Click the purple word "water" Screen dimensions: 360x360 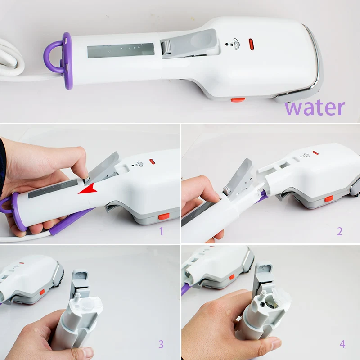[315, 108]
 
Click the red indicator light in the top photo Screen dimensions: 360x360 [251, 45]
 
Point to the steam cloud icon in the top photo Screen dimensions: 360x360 [236, 44]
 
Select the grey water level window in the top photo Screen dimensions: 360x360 [121, 50]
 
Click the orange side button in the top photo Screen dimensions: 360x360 [238, 100]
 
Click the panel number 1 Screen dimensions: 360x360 [162, 231]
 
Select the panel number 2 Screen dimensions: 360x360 [340, 231]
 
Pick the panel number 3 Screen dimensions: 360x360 [161, 344]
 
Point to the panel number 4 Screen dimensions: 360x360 [342, 344]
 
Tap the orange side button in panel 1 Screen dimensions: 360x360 [164, 216]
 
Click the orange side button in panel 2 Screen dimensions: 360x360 [329, 198]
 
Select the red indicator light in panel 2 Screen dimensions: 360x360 [315, 153]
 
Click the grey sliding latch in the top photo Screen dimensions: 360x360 [166, 48]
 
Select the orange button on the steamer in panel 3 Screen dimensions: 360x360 [42, 292]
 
